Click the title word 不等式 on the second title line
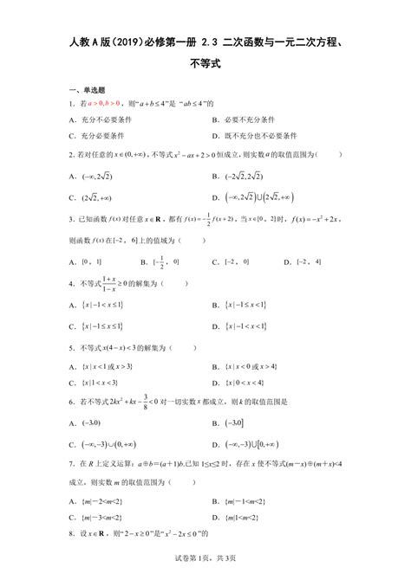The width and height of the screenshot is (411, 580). [205, 62]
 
